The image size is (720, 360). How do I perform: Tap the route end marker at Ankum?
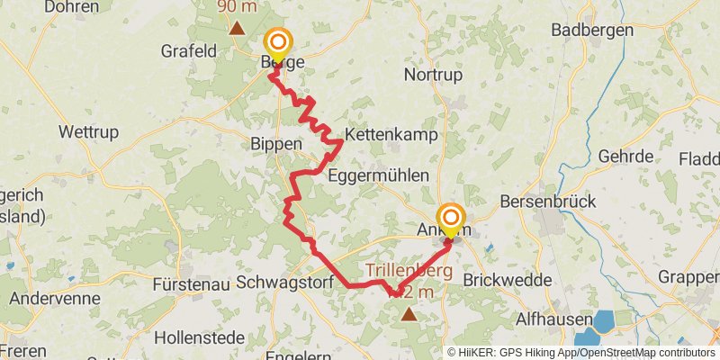click(x=451, y=220)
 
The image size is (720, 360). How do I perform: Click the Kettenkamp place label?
click(x=391, y=135)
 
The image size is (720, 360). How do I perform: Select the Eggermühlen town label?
click(x=378, y=175)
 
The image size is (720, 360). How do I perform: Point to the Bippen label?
click(x=271, y=145)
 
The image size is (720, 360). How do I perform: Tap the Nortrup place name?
click(x=433, y=75)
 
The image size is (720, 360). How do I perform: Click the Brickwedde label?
click(x=507, y=280)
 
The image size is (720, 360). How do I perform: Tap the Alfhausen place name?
click(x=553, y=319)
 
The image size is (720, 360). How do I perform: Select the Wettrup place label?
click(x=88, y=131)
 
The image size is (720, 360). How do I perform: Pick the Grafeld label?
click(x=189, y=51)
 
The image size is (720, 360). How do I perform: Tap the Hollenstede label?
click(x=195, y=338)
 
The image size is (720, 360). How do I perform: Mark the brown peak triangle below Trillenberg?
click(x=409, y=313)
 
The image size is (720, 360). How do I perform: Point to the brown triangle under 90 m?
click(x=237, y=26)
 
